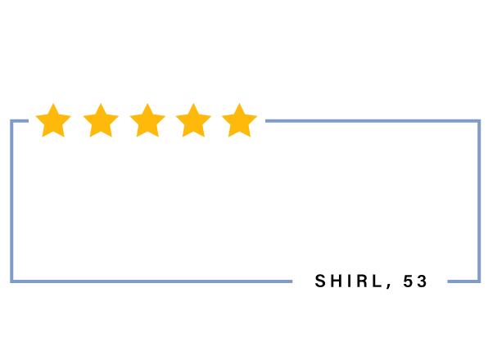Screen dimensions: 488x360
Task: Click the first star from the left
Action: pos(53,122)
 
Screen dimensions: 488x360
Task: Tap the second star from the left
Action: pos(101,122)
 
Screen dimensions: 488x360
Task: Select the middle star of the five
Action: pos(147,122)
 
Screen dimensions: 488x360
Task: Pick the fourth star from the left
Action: pos(193,122)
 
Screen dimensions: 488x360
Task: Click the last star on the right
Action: pos(239,122)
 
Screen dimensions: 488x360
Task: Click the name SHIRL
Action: pos(349,281)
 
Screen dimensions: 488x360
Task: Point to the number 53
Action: pos(415,281)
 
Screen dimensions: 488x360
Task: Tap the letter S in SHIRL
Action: pos(320,281)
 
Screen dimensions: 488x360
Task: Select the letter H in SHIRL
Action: pos(337,281)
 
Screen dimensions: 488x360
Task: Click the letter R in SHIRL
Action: pos(362,281)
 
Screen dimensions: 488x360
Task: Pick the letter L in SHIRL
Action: pos(377,281)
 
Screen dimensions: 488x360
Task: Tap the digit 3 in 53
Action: pos(422,281)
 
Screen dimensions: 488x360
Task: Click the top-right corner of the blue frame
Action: pos(479,120)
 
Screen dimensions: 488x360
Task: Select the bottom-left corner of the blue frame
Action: pos(11,281)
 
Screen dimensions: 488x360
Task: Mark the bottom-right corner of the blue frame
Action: pos(479,281)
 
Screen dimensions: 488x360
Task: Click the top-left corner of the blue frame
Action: pos(11,120)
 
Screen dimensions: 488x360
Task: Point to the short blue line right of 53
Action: pos(463,281)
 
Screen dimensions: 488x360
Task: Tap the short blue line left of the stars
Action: pos(20,120)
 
